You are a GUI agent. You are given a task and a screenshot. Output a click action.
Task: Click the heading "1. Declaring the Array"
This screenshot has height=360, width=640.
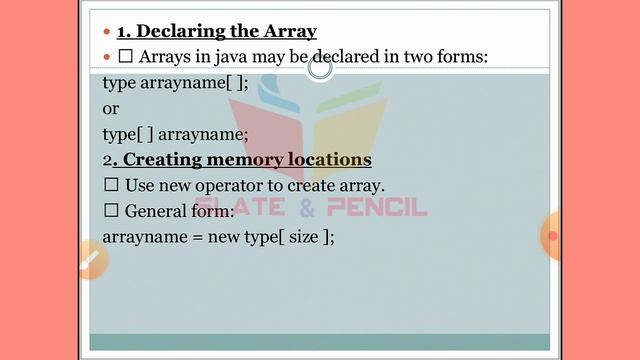point(216,31)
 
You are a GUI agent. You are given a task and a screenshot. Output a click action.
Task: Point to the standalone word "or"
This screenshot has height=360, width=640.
point(111,108)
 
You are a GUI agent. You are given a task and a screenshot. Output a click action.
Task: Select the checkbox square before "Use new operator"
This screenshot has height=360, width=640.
point(111,186)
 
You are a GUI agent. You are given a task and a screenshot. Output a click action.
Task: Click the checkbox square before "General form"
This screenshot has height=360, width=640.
point(111,212)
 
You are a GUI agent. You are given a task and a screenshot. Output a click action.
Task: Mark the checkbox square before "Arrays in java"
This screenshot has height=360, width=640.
point(126,57)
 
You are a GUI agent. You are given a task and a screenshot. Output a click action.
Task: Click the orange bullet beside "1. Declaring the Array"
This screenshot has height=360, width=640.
point(107,32)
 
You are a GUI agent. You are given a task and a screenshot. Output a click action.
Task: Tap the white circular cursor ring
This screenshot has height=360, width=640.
point(320,69)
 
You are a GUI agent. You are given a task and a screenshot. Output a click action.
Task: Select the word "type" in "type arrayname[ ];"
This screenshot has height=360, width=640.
point(120,83)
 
